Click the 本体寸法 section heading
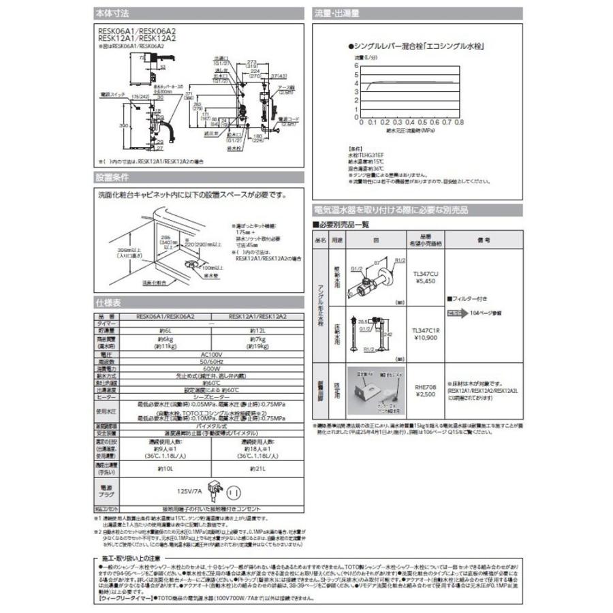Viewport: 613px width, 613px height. [112, 13]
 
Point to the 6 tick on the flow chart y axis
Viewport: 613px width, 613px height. [356, 65]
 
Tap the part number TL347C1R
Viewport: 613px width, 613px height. [427, 330]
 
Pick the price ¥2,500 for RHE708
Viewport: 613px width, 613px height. [427, 394]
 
